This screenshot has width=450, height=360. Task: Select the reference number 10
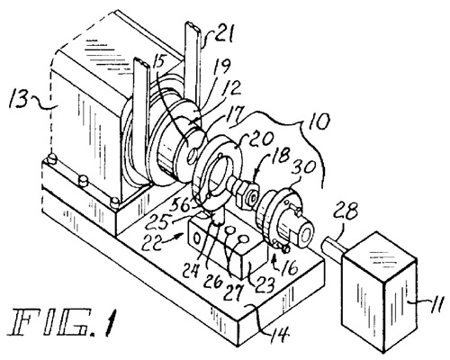pos(319,121)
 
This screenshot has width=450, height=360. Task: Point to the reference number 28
pos(347,210)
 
